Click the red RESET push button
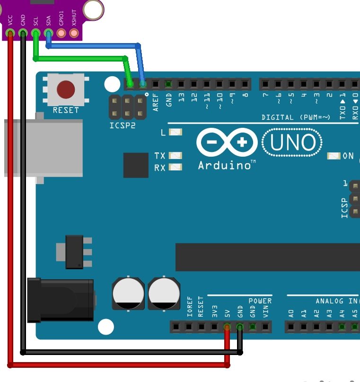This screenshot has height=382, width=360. [65, 89]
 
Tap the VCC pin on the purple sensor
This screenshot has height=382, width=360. [10, 33]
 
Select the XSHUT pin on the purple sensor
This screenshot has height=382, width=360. [73, 33]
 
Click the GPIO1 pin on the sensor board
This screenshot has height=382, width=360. [61, 33]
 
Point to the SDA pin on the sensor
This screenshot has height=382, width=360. [48, 33]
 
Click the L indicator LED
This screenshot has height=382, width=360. [176, 132]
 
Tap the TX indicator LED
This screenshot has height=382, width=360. [176, 156]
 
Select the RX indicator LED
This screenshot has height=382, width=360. [176, 167]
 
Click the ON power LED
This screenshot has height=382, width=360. [334, 156]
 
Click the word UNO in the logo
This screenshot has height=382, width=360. [293, 142]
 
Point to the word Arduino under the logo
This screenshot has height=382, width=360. [224, 166]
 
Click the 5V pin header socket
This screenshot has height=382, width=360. [227, 327]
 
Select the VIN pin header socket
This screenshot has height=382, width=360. [265, 327]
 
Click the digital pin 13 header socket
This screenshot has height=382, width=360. [181, 84]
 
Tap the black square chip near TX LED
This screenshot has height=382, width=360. [136, 165]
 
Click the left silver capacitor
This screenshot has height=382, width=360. [128, 293]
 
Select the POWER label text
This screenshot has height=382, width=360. [260, 301]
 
